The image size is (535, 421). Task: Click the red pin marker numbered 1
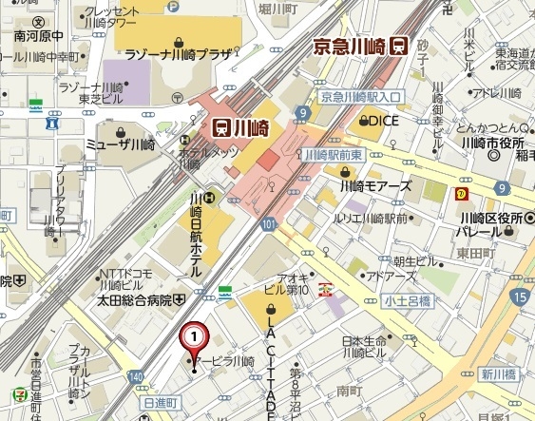194,338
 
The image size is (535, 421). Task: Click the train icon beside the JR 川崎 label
220,126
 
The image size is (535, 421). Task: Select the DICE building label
384,121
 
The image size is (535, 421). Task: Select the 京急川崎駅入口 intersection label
360,97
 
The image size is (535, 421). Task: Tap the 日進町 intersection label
161,405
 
